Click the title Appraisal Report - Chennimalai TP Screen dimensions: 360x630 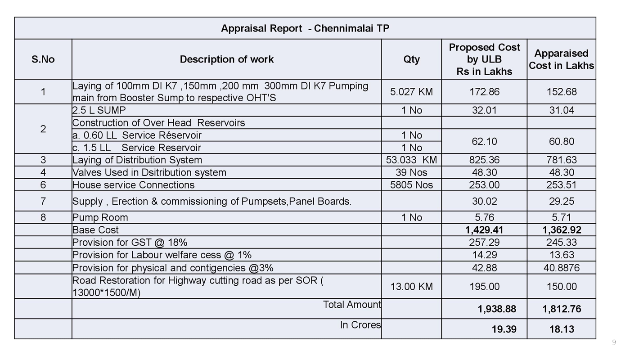(x=305, y=28)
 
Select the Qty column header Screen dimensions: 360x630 (x=411, y=59)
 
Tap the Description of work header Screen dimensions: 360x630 (x=226, y=59)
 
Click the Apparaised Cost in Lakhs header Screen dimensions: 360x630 (x=561, y=59)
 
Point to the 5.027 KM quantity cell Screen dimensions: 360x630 (x=411, y=92)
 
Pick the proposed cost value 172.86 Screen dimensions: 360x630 (x=484, y=92)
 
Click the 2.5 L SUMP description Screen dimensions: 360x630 (x=99, y=110)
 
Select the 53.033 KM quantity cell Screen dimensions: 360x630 (x=411, y=160)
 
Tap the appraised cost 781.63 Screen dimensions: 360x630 (x=561, y=160)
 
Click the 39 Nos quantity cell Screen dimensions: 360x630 (x=411, y=172)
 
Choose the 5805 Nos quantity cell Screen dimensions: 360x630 (x=411, y=185)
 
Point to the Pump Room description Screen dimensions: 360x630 (x=100, y=217)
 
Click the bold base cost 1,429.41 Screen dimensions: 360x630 (x=484, y=230)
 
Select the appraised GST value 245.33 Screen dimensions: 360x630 (x=561, y=243)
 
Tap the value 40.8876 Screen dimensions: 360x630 (x=561, y=268)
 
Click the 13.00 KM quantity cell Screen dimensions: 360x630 (x=411, y=287)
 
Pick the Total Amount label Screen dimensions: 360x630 (x=352, y=305)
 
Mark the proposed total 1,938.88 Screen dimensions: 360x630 (x=497, y=309)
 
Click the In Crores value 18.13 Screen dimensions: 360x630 (x=561, y=329)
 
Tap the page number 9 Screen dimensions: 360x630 (x=614, y=343)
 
